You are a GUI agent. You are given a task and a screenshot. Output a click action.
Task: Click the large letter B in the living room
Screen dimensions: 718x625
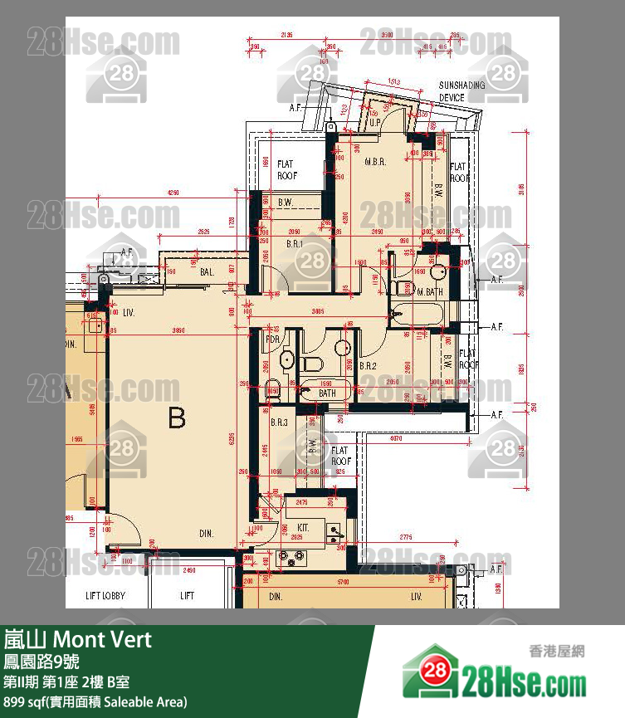pyautogui.click(x=177, y=418)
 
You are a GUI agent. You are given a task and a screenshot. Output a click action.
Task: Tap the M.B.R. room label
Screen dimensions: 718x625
pyautogui.click(x=375, y=163)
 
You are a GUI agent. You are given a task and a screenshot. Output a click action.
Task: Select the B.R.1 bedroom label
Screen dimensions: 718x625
pyautogui.click(x=295, y=244)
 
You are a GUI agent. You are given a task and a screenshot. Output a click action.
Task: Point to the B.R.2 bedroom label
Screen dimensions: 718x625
pyautogui.click(x=369, y=365)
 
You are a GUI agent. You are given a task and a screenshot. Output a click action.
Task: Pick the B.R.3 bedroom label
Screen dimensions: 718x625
pyautogui.click(x=279, y=423)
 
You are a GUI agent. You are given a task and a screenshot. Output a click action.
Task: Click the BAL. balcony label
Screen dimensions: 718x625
pyautogui.click(x=208, y=271)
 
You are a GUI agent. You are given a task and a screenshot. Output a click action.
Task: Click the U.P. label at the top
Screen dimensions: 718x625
pyautogui.click(x=375, y=122)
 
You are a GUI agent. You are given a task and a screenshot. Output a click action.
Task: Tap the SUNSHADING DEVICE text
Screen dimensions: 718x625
pyautogui.click(x=456, y=91)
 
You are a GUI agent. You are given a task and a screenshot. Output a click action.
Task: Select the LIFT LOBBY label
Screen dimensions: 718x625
pyautogui.click(x=105, y=595)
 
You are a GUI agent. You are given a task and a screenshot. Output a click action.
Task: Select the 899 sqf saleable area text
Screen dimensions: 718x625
pyautogui.click(x=95, y=702)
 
